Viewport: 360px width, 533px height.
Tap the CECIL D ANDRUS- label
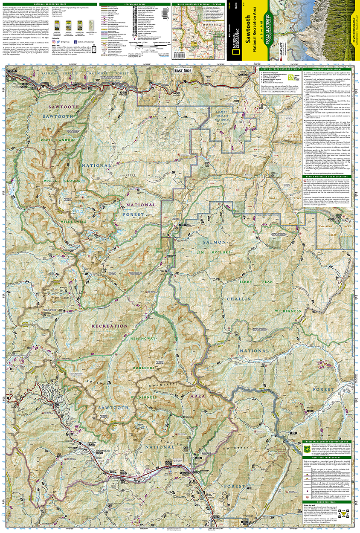click(64, 140)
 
